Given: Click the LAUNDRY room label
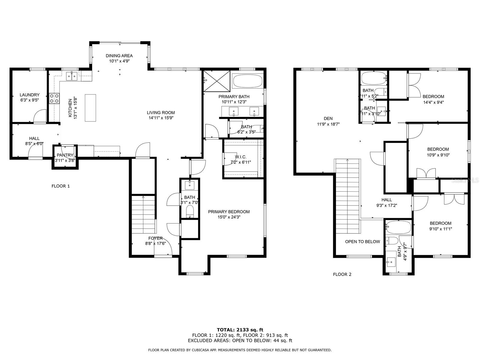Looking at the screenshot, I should pyautogui.click(x=29, y=95).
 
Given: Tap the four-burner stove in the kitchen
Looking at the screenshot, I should pyautogui.click(x=54, y=98).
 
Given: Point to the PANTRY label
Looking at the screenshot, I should pyautogui.click(x=65, y=155).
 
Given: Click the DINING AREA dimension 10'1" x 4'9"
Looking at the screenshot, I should pyautogui.click(x=119, y=61).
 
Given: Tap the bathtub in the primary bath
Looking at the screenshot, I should pyautogui.click(x=247, y=80).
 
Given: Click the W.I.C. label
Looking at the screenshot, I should pyautogui.click(x=240, y=157).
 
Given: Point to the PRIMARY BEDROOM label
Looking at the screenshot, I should pyautogui.click(x=229, y=212).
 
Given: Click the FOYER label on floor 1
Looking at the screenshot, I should pyautogui.click(x=155, y=238).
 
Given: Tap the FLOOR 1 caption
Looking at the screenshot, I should pyautogui.click(x=61, y=186).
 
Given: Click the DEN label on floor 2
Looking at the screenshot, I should pyautogui.click(x=328, y=118).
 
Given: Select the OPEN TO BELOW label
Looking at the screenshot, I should pyautogui.click(x=362, y=241).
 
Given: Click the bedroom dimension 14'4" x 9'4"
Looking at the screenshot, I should pyautogui.click(x=433, y=102).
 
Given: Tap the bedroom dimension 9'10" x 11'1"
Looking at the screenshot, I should pyautogui.click(x=440, y=229).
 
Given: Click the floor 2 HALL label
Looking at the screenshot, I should pyautogui.click(x=386, y=200).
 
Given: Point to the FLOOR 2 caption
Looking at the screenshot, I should pyautogui.click(x=342, y=274).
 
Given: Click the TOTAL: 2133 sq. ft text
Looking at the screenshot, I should pyautogui.click(x=240, y=330).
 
